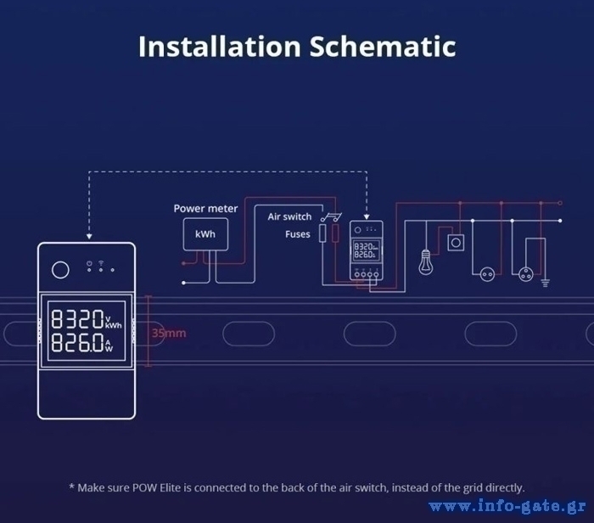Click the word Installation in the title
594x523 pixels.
tap(220, 46)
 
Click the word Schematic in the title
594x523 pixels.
tap(383, 46)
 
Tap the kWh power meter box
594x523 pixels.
tap(205, 234)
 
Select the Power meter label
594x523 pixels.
tap(205, 209)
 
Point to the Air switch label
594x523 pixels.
tap(289, 217)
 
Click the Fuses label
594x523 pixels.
tap(298, 234)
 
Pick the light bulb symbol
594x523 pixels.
tap(426, 261)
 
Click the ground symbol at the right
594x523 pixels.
tap(545, 283)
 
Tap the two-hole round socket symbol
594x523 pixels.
tap(487, 274)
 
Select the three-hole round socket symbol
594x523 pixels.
tap(526, 274)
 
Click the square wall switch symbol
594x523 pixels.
tap(456, 243)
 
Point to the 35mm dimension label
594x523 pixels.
tap(169, 333)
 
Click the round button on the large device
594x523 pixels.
tap(60, 270)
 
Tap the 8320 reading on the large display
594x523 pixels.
tap(77, 318)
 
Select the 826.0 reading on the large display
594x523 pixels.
tap(77, 342)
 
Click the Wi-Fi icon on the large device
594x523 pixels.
tap(101, 262)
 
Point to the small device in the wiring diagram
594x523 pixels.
tap(367, 250)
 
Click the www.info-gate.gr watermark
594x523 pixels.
tap(507, 506)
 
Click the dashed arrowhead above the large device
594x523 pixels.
tap(89, 237)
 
